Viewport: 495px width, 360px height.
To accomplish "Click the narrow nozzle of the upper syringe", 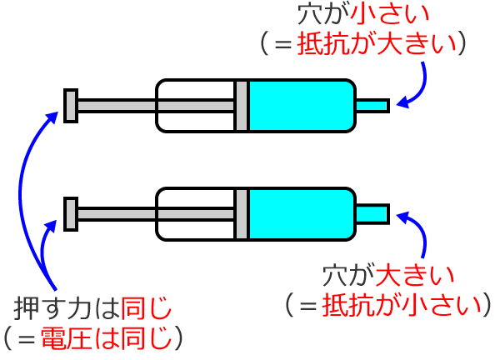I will click(372, 105).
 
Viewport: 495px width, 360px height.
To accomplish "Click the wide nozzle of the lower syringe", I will click(372, 213).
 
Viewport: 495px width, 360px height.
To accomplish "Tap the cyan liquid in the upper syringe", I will click(300, 105).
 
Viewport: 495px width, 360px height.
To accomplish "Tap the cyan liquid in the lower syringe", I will click(300, 213).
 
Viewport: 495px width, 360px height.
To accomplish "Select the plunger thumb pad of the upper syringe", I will click(71, 105).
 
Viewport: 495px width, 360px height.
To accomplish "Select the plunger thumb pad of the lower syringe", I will click(71, 213).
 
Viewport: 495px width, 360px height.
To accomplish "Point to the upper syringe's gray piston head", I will click(241, 105).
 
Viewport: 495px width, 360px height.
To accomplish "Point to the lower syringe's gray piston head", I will click(241, 213).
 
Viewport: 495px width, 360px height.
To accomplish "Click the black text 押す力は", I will click(67, 309).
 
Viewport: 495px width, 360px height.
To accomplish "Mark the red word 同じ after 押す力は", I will click(147, 309).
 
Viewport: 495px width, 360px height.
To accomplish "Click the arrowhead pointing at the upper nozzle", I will click(402, 103).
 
